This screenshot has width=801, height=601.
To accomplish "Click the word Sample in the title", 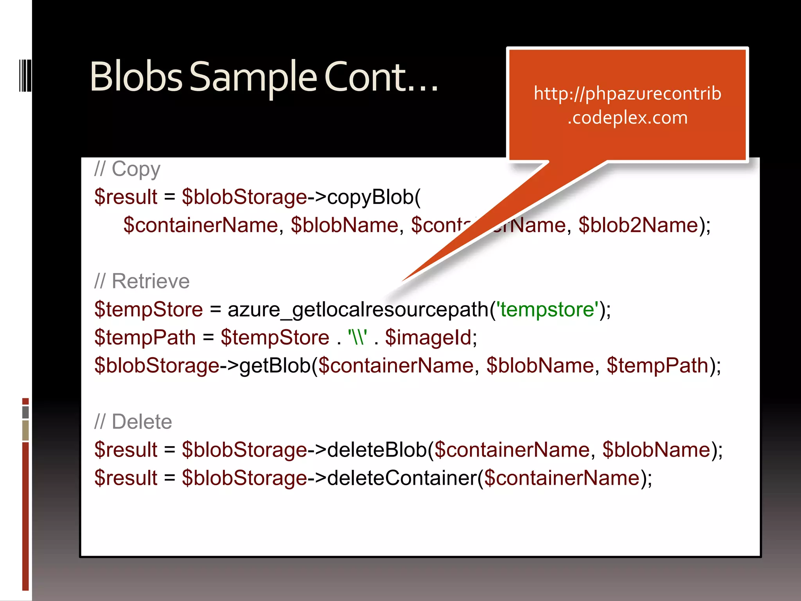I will pos(253,77).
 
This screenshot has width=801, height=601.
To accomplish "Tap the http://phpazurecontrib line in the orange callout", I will pos(627,94).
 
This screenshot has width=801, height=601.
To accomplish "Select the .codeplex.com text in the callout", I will pos(627,117).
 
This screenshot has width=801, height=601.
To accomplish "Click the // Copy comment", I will pos(127,169).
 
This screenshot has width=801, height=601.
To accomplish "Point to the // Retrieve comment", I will pos(142,281).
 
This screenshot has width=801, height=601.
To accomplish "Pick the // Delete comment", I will pos(133,422).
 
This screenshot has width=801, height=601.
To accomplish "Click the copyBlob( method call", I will pos(374,197).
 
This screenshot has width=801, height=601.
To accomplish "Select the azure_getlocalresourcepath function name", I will pos(358,309).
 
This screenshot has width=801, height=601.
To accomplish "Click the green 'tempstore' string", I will pos(548,309).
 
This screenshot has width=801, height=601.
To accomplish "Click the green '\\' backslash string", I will pos(357,337).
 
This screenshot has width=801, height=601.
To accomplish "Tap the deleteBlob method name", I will pos(377,450).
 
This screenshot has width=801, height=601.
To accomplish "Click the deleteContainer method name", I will pos(402,478).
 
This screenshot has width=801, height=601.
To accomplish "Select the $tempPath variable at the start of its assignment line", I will pos(145,337).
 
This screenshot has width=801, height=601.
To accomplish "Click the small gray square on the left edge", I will pos(25,412).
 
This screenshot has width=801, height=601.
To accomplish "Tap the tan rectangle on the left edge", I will pos(25,430).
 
